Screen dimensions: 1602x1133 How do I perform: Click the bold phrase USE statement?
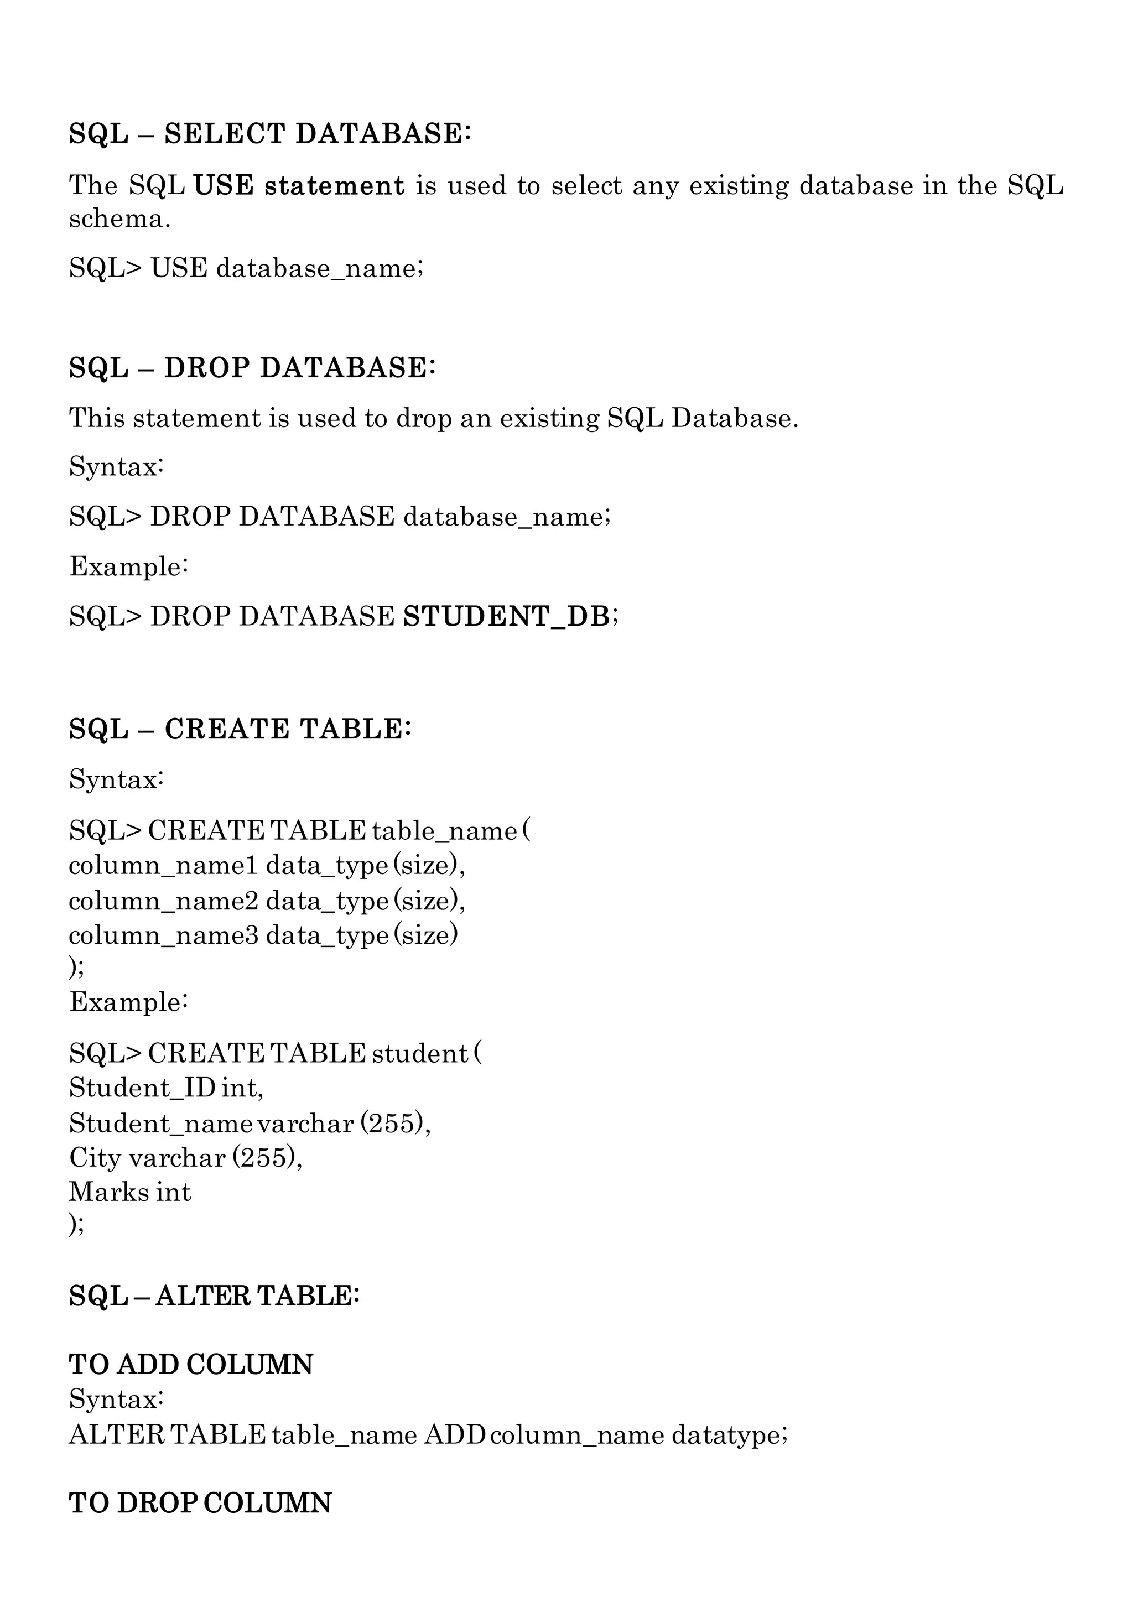[299, 186]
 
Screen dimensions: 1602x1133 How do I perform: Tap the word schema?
[119, 219]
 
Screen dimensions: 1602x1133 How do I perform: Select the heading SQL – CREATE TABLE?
[240, 729]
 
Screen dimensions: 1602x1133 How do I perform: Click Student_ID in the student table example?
[142, 1088]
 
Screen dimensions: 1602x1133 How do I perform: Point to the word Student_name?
[161, 1124]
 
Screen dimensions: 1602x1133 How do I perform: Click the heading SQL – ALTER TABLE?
[214, 1296]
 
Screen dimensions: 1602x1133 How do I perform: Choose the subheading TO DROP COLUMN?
[200, 1503]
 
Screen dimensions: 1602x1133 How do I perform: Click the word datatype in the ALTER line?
[729, 1434]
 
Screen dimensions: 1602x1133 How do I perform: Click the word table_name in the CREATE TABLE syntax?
[444, 831]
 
